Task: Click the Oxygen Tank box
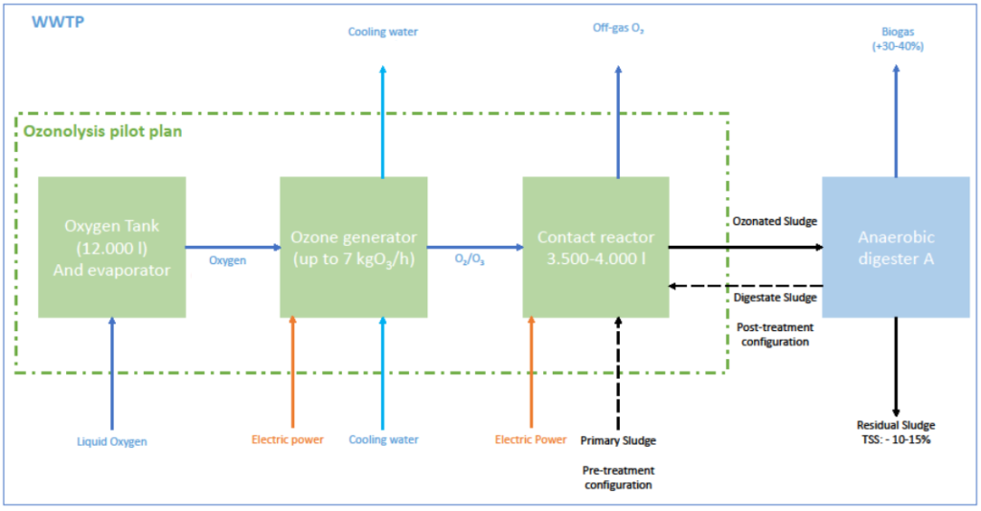pyautogui.click(x=112, y=246)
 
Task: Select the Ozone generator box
pyautogui.click(x=354, y=246)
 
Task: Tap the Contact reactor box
pyautogui.click(x=595, y=246)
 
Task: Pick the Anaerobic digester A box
pyautogui.click(x=895, y=246)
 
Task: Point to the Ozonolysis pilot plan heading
pyautogui.click(x=103, y=130)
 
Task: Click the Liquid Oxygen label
pyautogui.click(x=112, y=441)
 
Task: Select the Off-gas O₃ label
pyautogui.click(x=618, y=31)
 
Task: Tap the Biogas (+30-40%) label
pyautogui.click(x=896, y=38)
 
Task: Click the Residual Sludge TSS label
pyautogui.click(x=897, y=432)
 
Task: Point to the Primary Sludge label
pyautogui.click(x=617, y=441)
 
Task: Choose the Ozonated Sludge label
pyautogui.click(x=774, y=222)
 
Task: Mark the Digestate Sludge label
pyautogui.click(x=774, y=298)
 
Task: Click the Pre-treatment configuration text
pyautogui.click(x=617, y=478)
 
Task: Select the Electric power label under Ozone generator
pyautogui.click(x=287, y=440)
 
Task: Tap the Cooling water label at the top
pyautogui.click(x=382, y=32)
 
